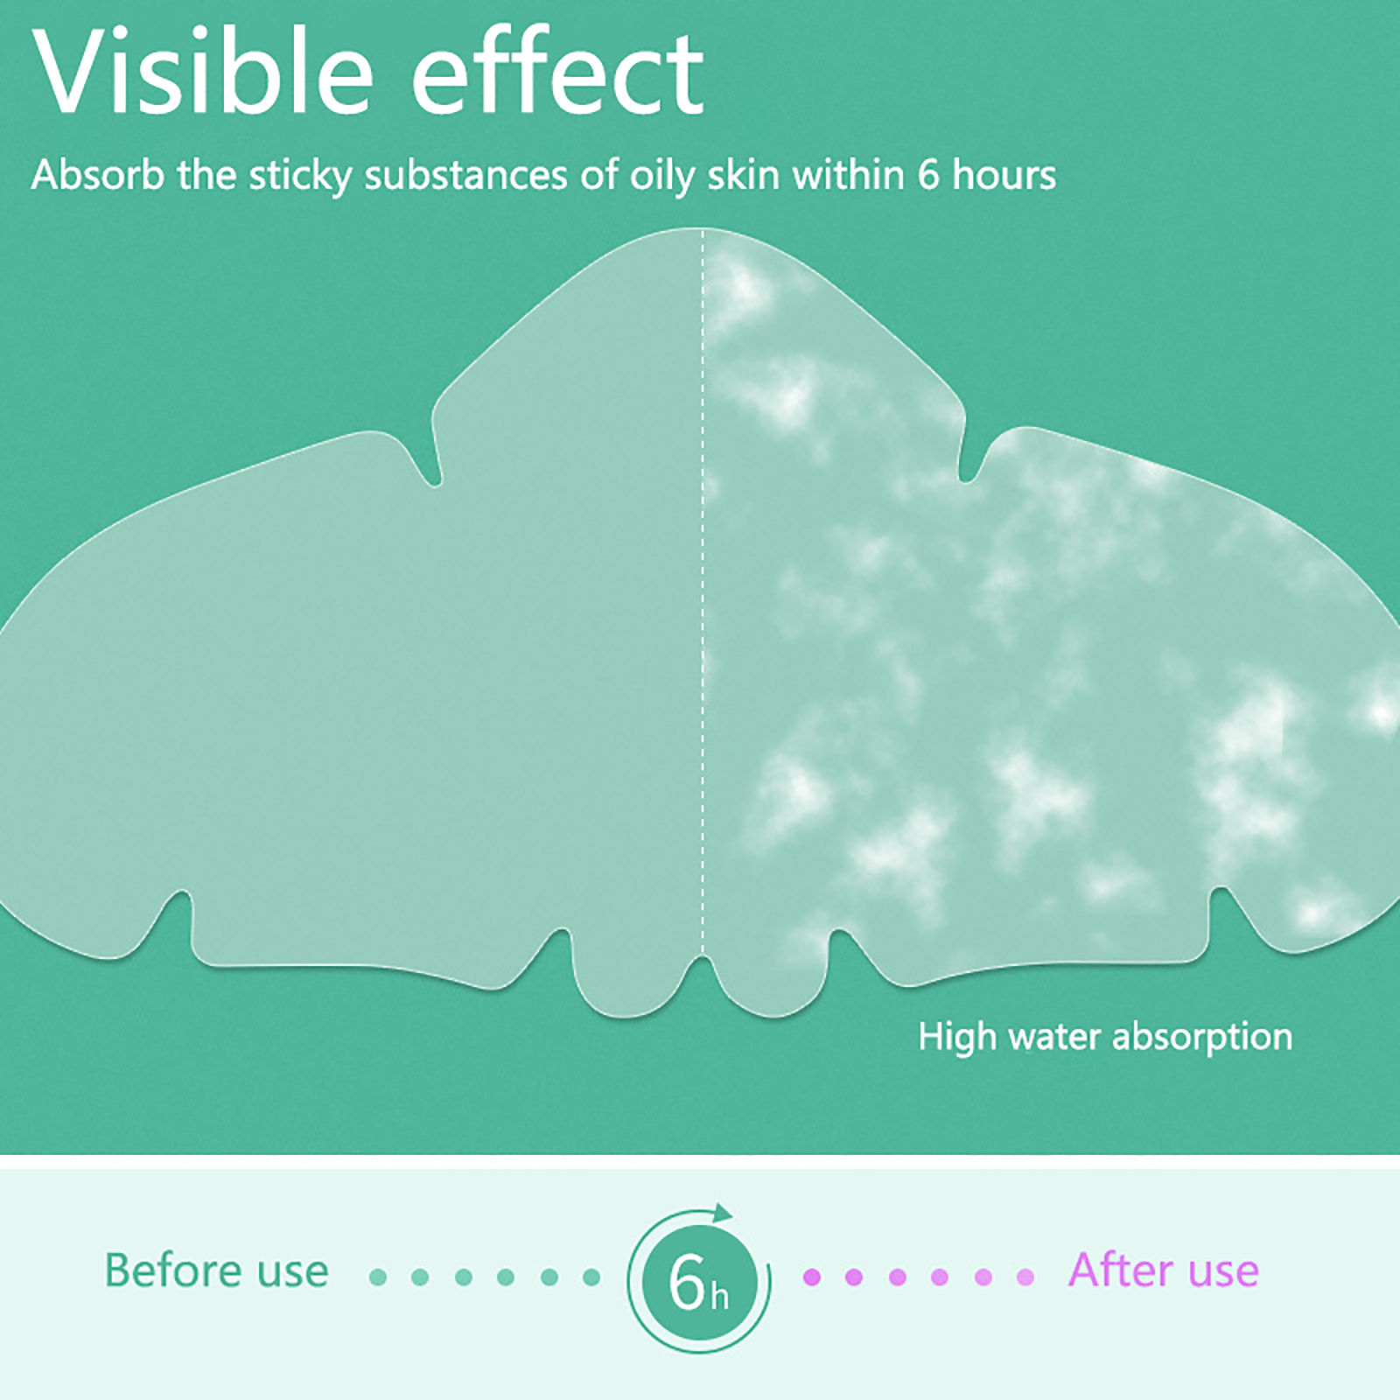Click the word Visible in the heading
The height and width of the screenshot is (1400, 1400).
coord(203,73)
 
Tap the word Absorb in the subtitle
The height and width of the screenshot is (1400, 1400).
coord(98,174)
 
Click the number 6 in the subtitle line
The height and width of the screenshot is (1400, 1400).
coord(928,175)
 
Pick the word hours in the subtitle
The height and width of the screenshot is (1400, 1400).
coord(1004,174)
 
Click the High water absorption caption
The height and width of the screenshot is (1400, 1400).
coord(1105,1038)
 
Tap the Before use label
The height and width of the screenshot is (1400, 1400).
coord(216,1270)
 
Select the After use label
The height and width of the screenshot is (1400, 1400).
coord(1164,1270)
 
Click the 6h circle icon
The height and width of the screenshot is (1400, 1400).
coord(698,1280)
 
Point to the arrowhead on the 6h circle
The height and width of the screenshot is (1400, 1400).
coord(722,1213)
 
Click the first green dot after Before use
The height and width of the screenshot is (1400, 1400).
coord(378,1277)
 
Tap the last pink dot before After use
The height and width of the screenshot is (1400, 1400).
coord(1025,1277)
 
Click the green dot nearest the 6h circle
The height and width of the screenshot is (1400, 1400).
coord(591,1277)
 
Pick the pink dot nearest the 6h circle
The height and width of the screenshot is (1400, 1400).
coord(812,1277)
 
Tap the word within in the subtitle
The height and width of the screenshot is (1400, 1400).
coord(848,174)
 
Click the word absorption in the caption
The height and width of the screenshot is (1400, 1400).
coord(1202,1038)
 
